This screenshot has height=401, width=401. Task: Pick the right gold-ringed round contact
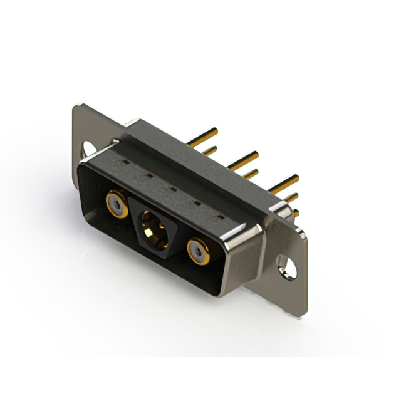[197, 253]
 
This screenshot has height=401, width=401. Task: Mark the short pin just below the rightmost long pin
[291, 197]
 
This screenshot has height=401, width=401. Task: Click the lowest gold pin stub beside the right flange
[296, 213]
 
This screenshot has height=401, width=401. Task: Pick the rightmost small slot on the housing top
[220, 216]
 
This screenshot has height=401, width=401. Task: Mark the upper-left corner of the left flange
[76, 107]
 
